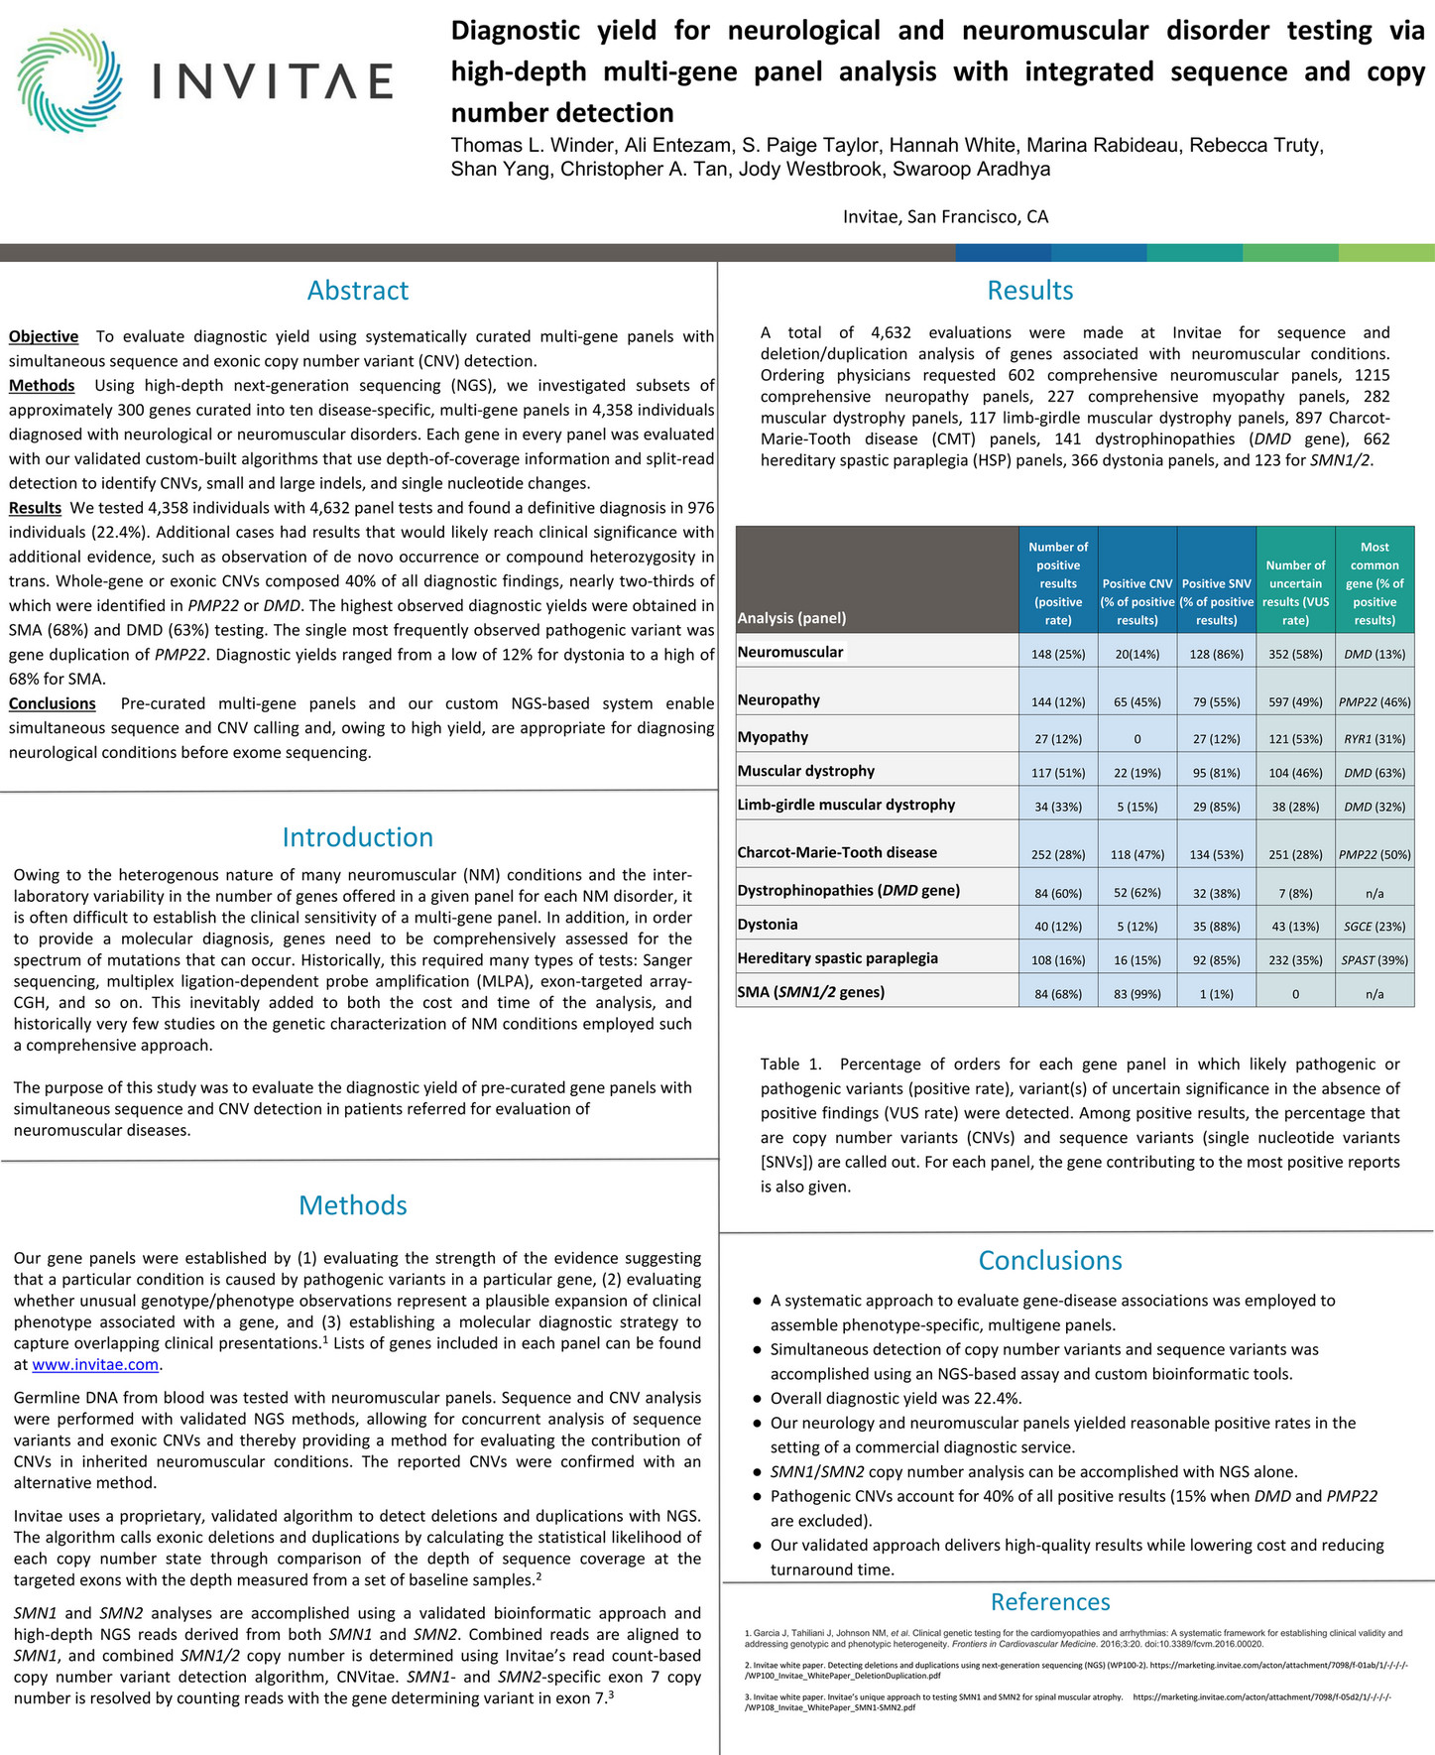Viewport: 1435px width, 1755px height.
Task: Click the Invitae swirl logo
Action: point(69,81)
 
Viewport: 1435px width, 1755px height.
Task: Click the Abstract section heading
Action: point(357,291)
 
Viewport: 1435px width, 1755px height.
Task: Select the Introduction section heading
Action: point(357,837)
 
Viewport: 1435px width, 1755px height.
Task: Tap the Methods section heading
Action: point(353,1205)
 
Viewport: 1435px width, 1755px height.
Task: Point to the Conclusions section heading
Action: point(1049,1260)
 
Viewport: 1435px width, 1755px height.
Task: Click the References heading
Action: point(1049,1601)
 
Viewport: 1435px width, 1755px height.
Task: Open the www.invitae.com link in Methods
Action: point(95,1365)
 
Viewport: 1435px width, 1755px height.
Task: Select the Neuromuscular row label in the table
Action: point(790,652)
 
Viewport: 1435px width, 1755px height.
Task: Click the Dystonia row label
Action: point(768,925)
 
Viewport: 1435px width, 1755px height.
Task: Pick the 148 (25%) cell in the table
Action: point(1057,655)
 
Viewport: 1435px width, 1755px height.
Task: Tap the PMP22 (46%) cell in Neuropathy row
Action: point(1374,702)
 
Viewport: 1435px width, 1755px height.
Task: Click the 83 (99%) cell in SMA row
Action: point(1136,994)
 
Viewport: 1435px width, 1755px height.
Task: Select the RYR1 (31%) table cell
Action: point(1374,739)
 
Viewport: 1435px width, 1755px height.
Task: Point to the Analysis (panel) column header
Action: point(791,618)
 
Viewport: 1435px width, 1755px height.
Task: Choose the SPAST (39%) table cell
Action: point(1374,960)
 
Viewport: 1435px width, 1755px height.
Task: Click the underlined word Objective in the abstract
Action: point(44,337)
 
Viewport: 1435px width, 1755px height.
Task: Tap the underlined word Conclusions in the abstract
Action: point(53,704)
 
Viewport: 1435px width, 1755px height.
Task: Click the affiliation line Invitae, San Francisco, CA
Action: point(945,217)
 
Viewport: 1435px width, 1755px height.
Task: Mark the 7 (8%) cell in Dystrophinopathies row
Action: point(1295,894)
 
